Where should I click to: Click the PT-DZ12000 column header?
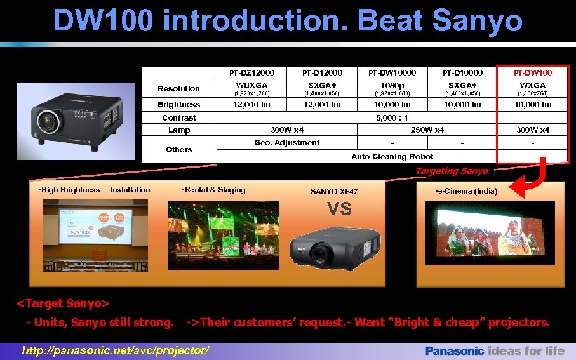click(x=252, y=73)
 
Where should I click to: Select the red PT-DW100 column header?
click(x=532, y=73)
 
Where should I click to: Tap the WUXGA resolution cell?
click(x=252, y=85)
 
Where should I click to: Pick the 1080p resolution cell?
click(x=392, y=85)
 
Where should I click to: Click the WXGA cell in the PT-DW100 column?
click(x=532, y=85)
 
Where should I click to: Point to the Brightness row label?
click(x=178, y=105)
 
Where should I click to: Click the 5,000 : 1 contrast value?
click(x=392, y=118)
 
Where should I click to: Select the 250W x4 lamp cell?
click(x=427, y=130)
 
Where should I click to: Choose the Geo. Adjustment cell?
click(x=287, y=143)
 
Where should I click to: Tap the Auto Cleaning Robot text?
click(x=392, y=157)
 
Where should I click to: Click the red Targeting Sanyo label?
click(x=451, y=171)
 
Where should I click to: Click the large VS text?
click(x=338, y=209)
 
